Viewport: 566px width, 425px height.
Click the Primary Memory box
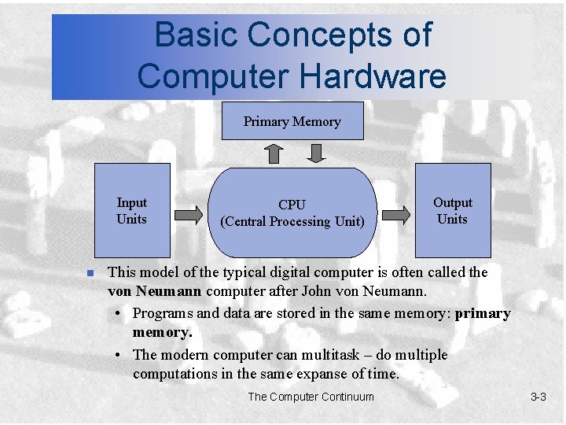click(292, 120)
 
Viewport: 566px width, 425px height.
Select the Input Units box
click(131, 210)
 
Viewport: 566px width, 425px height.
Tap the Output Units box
click(452, 210)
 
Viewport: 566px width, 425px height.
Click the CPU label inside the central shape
click(292, 205)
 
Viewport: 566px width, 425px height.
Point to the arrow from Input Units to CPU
click(188, 213)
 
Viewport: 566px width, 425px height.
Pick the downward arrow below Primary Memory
click(315, 152)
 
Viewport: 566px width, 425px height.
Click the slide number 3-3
click(538, 397)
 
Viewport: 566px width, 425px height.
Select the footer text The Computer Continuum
click(311, 397)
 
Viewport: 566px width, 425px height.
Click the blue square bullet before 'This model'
click(90, 273)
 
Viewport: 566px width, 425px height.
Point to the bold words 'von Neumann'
click(154, 292)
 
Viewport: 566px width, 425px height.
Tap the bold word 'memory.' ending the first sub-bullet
click(162, 333)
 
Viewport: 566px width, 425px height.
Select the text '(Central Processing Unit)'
click(292, 222)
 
